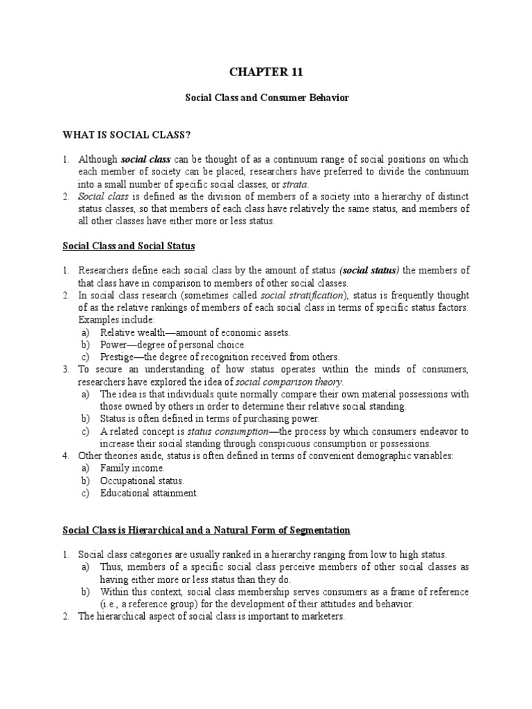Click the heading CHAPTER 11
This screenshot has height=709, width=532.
point(267,71)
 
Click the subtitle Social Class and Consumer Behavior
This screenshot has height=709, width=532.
point(267,98)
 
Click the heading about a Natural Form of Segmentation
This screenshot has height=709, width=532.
point(206,530)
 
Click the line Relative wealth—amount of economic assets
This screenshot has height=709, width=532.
point(195,332)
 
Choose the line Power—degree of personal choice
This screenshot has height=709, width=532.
point(172,345)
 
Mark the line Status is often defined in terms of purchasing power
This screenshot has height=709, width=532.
point(210,418)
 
